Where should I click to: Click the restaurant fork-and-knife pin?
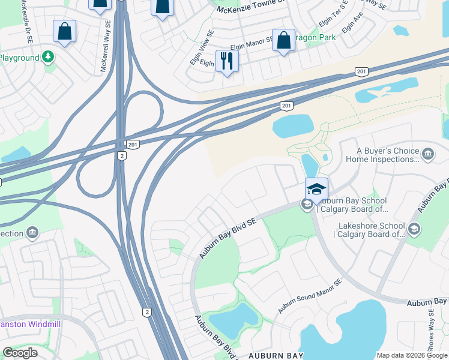point(227,61)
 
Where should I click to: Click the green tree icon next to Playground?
point(48,58)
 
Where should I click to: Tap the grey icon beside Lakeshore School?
point(414,229)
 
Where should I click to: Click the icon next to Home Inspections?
point(428,154)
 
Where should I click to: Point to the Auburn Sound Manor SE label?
point(309,295)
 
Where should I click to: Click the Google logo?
point(20,353)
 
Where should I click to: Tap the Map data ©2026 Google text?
point(412,355)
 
